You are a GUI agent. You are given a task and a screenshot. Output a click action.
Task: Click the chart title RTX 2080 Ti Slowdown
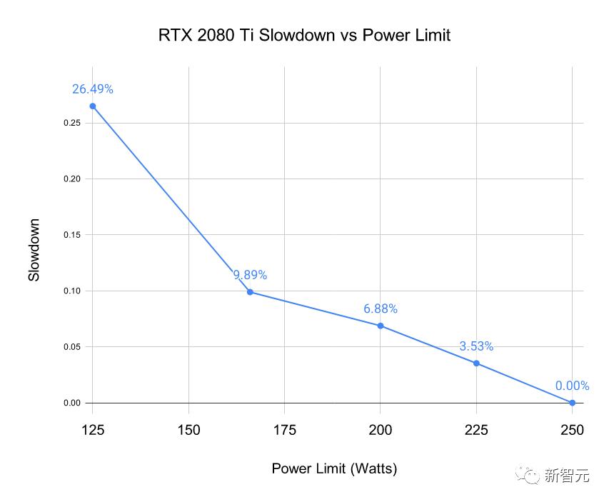(304, 35)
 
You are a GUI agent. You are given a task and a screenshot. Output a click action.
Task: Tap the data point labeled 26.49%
(92, 106)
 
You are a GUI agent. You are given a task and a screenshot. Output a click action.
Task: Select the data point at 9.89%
(250, 291)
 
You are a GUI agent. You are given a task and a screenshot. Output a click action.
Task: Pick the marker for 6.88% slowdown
(380, 326)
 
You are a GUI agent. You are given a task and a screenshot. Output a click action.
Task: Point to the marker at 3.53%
(476, 363)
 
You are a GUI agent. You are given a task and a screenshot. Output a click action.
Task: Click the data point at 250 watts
(572, 403)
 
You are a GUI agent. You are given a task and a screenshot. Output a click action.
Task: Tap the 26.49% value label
(92, 89)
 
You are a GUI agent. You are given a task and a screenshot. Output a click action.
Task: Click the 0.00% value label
(572, 386)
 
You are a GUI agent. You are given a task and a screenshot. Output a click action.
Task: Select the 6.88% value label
(380, 308)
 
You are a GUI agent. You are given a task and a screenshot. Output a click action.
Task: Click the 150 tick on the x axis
(188, 430)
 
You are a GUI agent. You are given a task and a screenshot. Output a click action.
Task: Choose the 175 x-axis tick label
(284, 430)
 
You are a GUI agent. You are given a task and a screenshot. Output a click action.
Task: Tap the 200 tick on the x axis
(380, 430)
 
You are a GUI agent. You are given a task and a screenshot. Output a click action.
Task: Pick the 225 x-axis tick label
(476, 430)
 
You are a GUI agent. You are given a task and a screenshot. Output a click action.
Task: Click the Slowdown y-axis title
(34, 250)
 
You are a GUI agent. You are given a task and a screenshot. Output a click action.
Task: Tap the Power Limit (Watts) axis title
(334, 468)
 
